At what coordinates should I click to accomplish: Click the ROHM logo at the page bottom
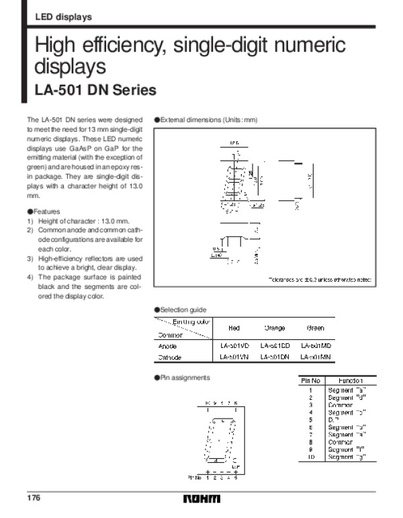pyautogui.click(x=201, y=500)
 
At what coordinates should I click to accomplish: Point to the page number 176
pyautogui.click(x=34, y=499)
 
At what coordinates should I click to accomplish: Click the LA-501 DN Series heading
pyautogui.click(x=95, y=90)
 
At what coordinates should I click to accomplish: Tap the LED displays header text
pyautogui.click(x=63, y=17)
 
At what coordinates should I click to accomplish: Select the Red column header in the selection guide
pyautogui.click(x=234, y=328)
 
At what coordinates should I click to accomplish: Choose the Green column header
pyautogui.click(x=314, y=328)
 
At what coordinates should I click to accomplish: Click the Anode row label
pyautogui.click(x=167, y=346)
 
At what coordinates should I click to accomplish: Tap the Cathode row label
pyautogui.click(x=170, y=357)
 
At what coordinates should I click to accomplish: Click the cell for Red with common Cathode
pyautogui.click(x=234, y=357)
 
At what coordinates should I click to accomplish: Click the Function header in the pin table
pyautogui.click(x=351, y=381)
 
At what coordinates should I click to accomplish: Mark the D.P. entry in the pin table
pyautogui.click(x=333, y=420)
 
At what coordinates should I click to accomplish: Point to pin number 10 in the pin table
pyautogui.click(x=310, y=458)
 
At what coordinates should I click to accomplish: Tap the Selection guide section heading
pyautogui.click(x=183, y=309)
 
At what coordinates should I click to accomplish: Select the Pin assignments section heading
pyautogui.click(x=185, y=378)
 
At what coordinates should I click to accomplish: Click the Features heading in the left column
pyautogui.click(x=46, y=211)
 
